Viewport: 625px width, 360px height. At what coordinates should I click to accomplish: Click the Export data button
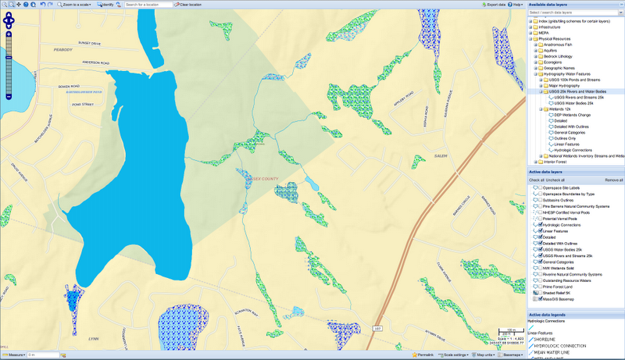(493, 5)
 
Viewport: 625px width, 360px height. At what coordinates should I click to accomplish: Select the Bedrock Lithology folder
(561, 56)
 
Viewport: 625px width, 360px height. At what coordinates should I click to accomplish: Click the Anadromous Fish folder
(559, 45)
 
